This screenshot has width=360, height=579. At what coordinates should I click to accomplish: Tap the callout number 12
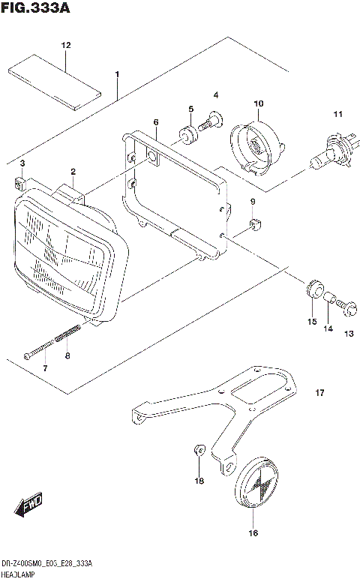pos(65,46)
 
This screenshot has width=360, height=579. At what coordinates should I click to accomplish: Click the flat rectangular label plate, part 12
pos(54,82)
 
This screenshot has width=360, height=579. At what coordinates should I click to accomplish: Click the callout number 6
pos(155,121)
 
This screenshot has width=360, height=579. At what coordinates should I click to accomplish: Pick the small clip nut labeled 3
pos(20,181)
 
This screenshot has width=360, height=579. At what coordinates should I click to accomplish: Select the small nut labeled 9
pos(253,222)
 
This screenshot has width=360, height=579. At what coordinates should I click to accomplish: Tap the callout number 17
pos(319,392)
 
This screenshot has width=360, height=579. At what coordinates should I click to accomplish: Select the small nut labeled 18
pos(197,451)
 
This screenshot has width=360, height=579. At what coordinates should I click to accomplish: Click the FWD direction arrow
pos(31,508)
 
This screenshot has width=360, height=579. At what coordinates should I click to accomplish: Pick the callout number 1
pos(117,74)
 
